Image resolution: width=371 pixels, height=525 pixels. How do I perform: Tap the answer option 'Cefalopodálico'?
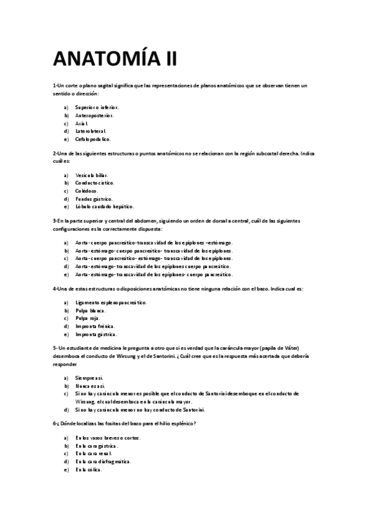click(x=93, y=139)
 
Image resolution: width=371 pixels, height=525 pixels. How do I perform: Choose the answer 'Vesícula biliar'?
click(x=92, y=175)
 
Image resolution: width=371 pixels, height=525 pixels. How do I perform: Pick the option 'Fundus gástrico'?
click(x=94, y=199)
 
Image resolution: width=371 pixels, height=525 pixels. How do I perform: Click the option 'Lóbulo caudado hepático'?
click(x=104, y=207)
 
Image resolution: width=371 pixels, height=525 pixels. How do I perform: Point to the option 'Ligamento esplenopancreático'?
click(x=111, y=302)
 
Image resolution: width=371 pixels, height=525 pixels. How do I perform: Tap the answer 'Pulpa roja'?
click(x=87, y=318)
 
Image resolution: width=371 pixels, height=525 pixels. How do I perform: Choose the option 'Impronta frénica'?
click(x=95, y=326)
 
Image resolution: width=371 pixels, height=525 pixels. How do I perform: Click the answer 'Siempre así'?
click(x=90, y=377)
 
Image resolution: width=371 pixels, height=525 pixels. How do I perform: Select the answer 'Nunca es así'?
click(x=90, y=385)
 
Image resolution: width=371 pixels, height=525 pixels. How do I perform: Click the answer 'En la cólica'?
click(x=89, y=470)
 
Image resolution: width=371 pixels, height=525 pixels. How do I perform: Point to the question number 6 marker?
click(x=55, y=423)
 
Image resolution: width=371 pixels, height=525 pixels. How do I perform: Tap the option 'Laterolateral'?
click(x=91, y=131)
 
